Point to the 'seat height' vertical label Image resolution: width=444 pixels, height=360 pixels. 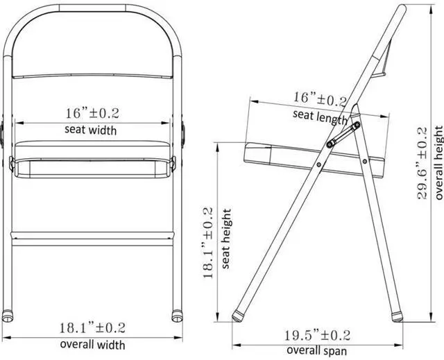(227, 239)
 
